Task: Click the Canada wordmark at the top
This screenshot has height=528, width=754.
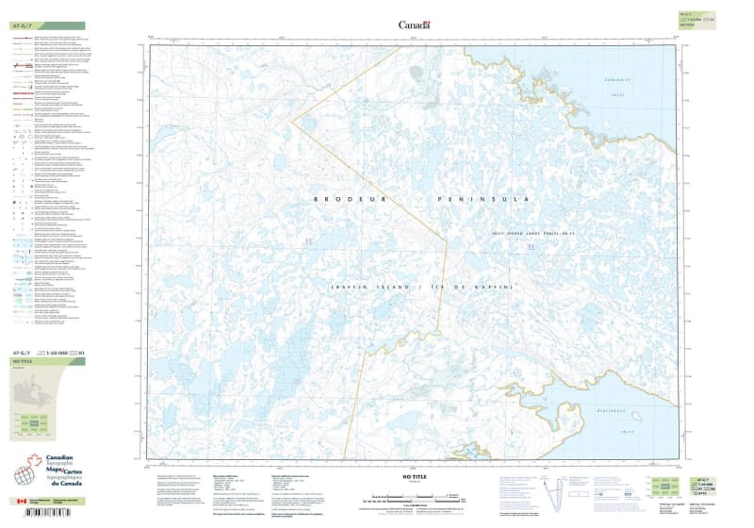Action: click(414, 25)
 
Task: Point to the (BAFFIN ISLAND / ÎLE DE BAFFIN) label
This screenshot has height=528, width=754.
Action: click(421, 287)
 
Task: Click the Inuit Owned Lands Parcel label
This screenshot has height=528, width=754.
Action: click(533, 232)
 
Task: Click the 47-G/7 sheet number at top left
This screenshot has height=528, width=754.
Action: click(23, 25)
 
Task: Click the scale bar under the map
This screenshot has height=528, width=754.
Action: click(414, 496)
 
